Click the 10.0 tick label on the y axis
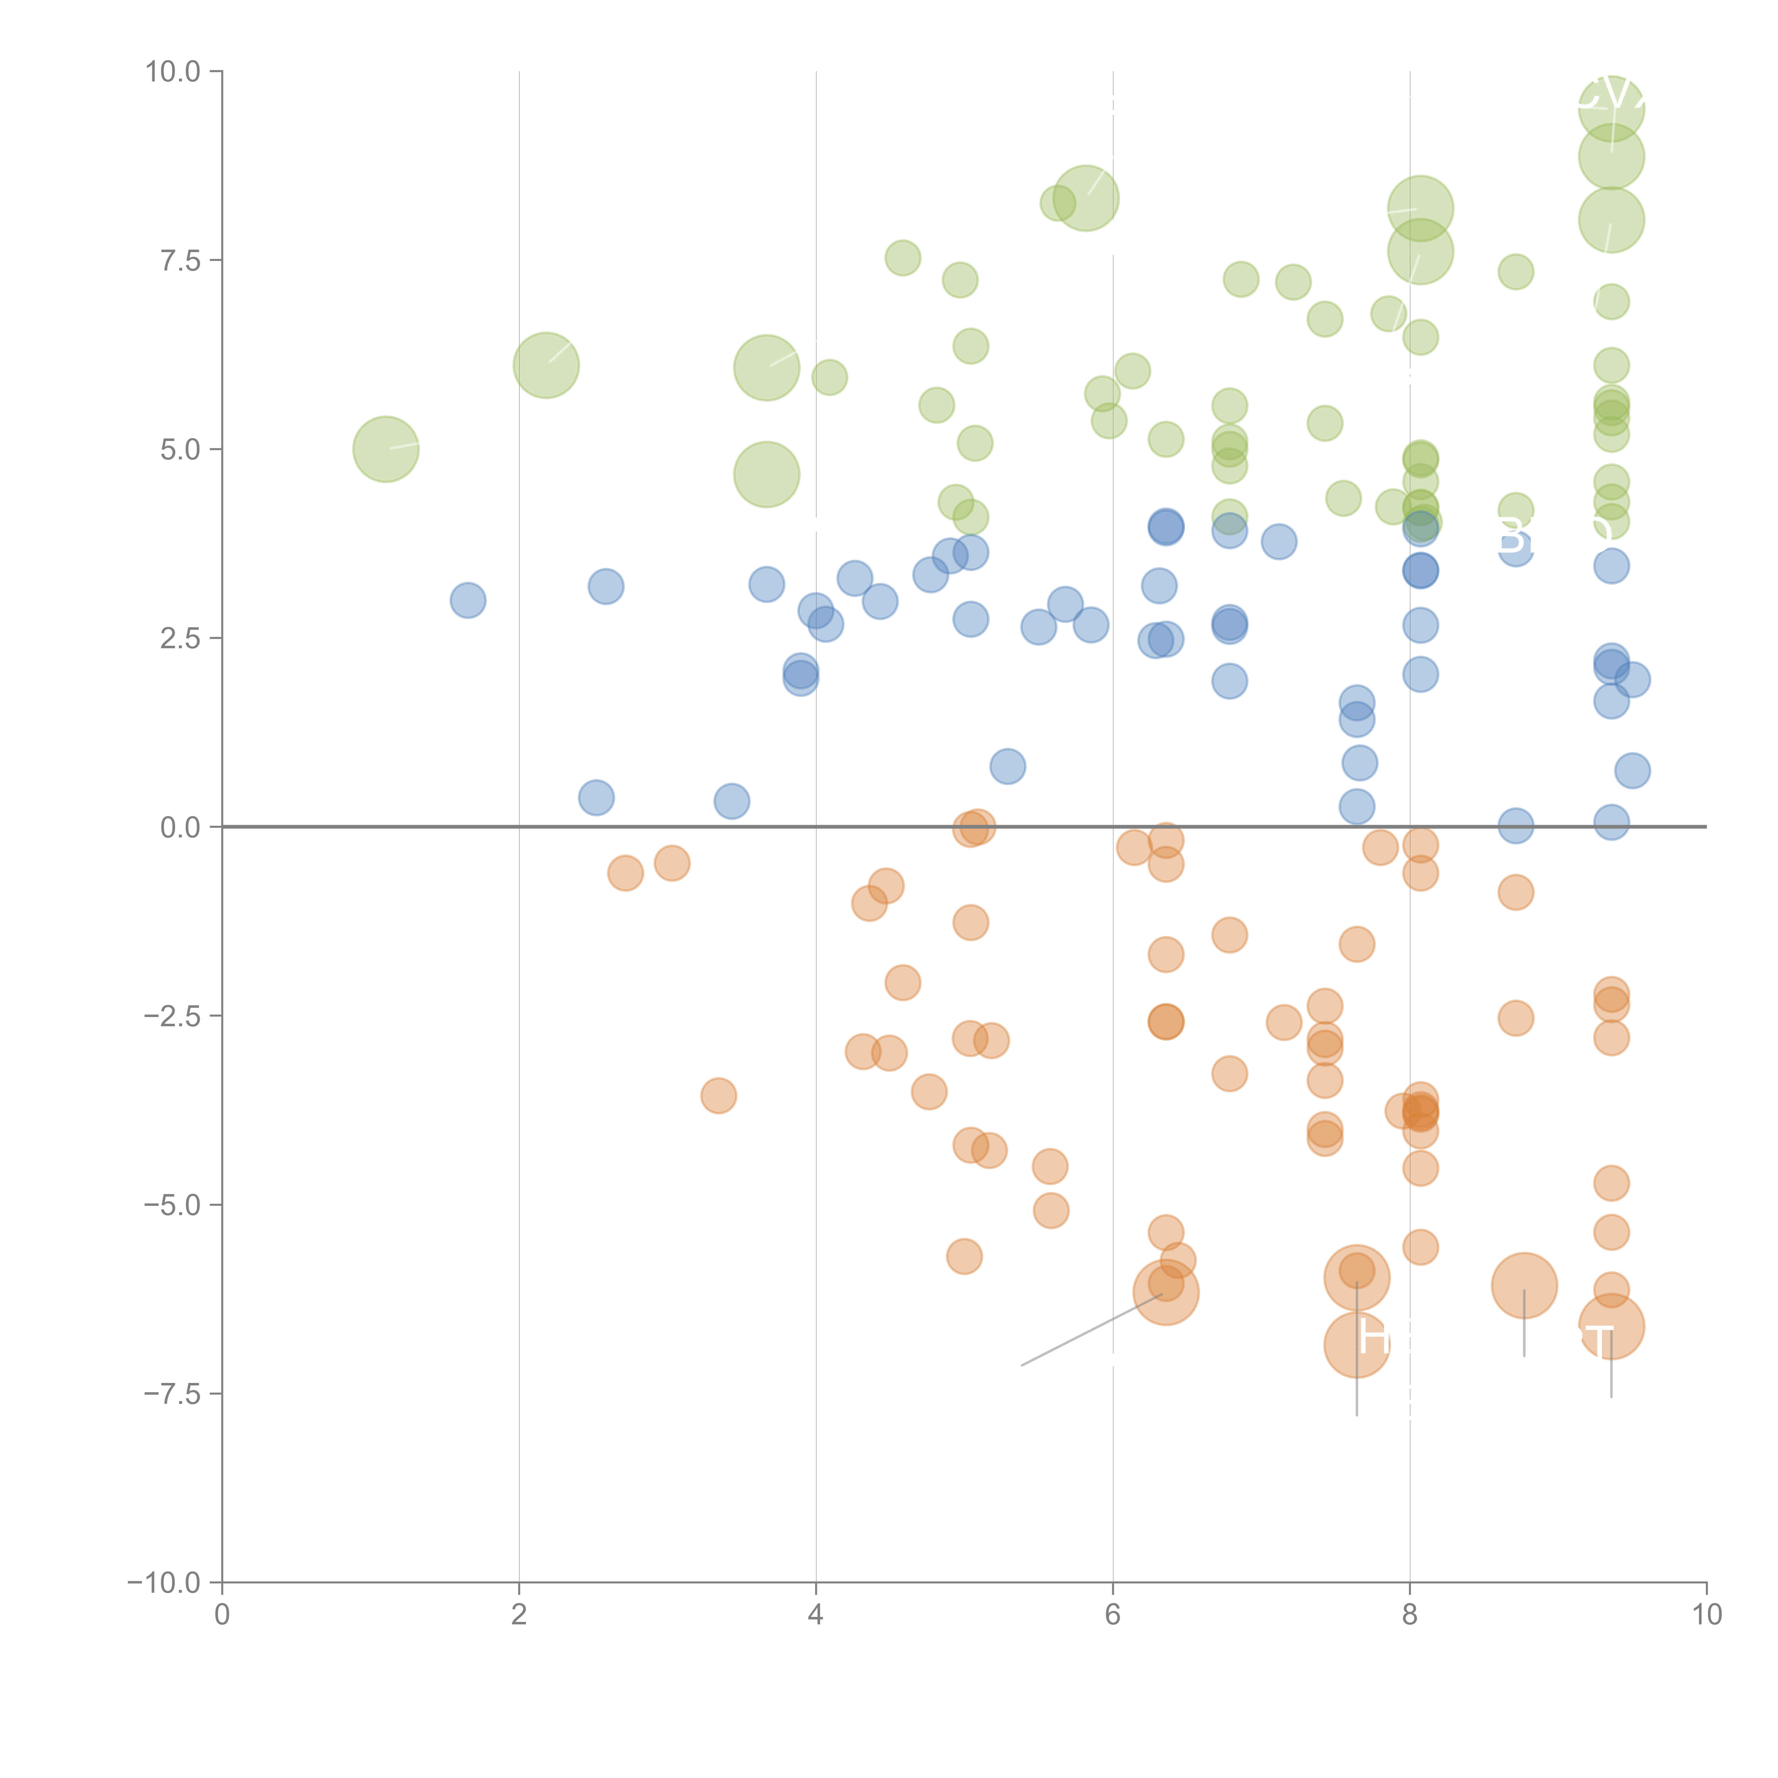coord(173,72)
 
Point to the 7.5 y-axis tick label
coord(180,260)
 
